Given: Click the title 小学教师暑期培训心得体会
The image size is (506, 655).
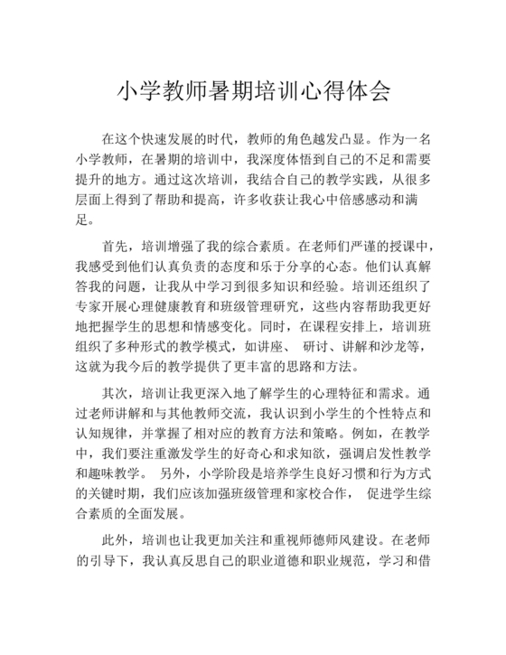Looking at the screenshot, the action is tap(253, 91).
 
